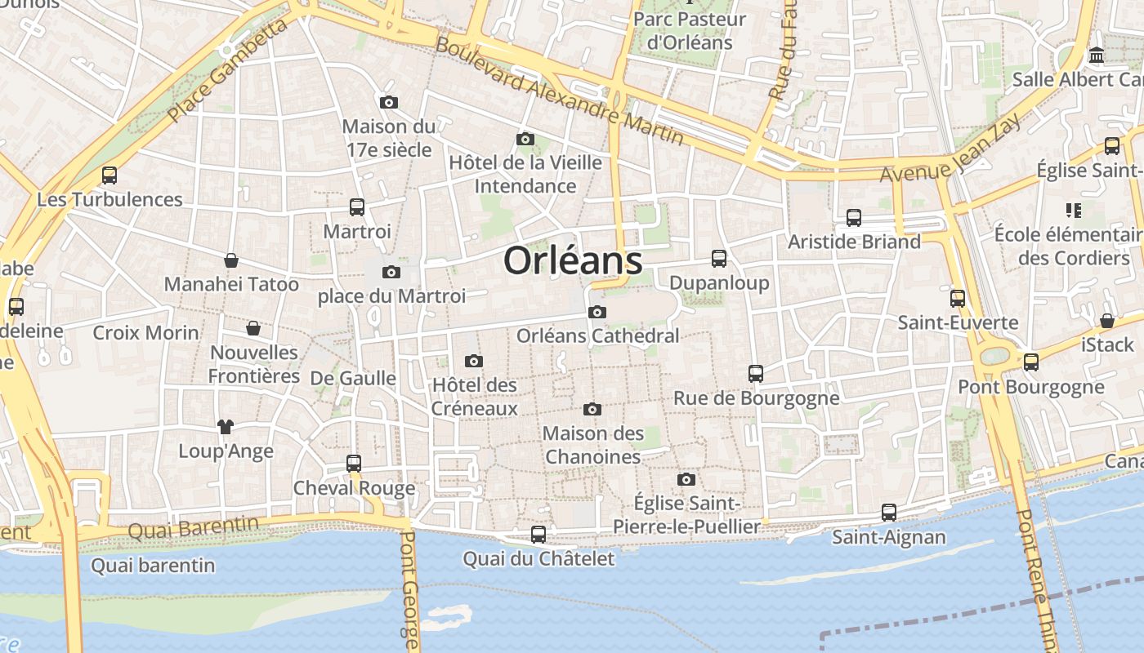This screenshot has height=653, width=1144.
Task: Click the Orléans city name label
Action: coord(573,261)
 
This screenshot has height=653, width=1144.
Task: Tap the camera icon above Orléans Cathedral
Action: coord(597,312)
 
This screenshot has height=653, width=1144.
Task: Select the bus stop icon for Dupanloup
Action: coord(719,259)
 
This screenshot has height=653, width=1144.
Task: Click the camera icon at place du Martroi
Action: coord(391,272)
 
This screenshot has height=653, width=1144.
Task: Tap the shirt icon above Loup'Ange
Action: coord(226,426)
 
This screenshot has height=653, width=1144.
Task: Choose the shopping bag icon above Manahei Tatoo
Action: coord(231,260)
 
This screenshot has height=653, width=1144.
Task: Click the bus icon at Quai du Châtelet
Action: coord(538,535)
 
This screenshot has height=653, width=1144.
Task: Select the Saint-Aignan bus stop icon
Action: coord(889,513)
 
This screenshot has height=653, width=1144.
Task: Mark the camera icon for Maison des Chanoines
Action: coord(592,409)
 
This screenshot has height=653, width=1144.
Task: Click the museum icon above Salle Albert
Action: coord(1097,56)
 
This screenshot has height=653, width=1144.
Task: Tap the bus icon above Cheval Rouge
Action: coord(354,463)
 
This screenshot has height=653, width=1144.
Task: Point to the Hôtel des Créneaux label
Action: coord(474,397)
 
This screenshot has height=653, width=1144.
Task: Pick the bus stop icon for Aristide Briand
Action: coord(854,218)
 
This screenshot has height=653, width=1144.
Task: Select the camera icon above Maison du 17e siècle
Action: coord(389,102)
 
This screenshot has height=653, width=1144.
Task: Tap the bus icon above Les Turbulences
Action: coord(109,175)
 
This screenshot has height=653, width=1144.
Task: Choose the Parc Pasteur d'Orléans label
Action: coord(690,30)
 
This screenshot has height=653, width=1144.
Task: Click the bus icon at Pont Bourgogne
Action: coord(1031,362)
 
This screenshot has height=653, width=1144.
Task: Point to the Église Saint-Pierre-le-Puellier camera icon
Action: coord(686,479)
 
